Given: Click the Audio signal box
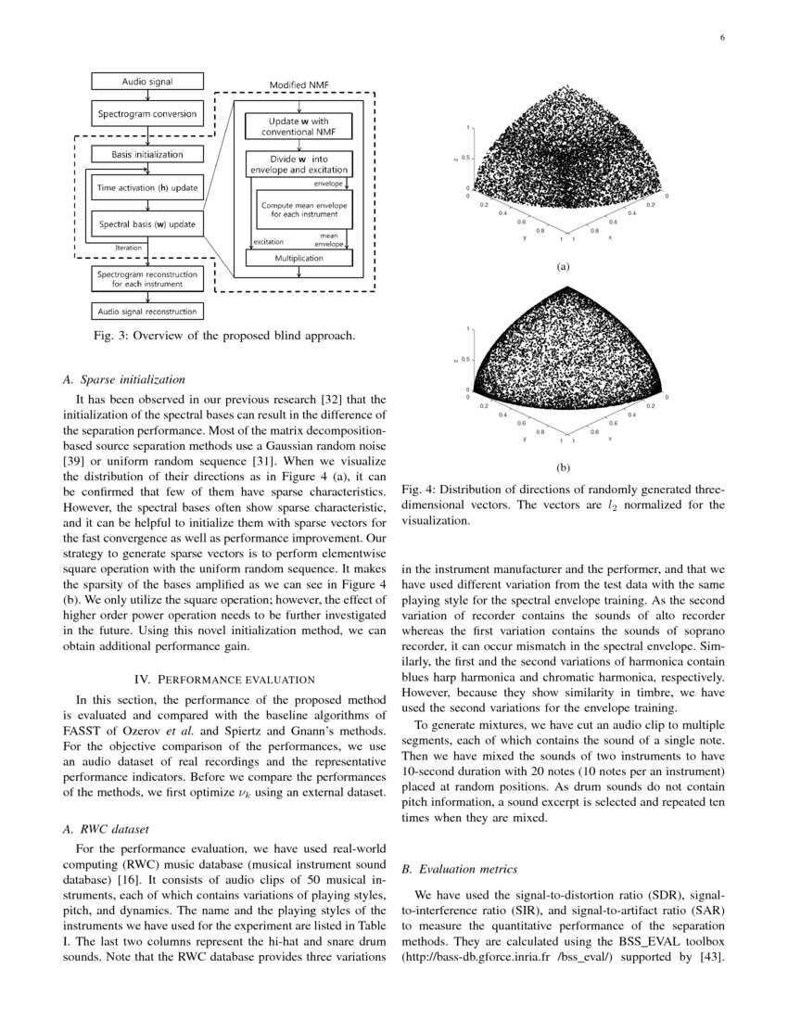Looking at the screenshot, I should click(147, 82).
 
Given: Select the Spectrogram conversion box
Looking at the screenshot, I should click(147, 114).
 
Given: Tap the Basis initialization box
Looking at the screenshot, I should click(147, 155).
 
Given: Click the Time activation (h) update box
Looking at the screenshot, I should click(147, 188).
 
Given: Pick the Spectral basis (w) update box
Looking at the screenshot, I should click(147, 223).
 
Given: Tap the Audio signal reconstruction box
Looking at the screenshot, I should click(147, 312).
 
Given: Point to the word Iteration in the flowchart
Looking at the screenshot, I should click(128, 249).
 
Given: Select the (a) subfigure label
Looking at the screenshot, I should click(562, 266).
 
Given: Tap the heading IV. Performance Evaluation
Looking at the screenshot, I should click(223, 681).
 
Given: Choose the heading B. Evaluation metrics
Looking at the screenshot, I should click(459, 869).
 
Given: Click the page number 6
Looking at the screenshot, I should click(719, 38).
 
